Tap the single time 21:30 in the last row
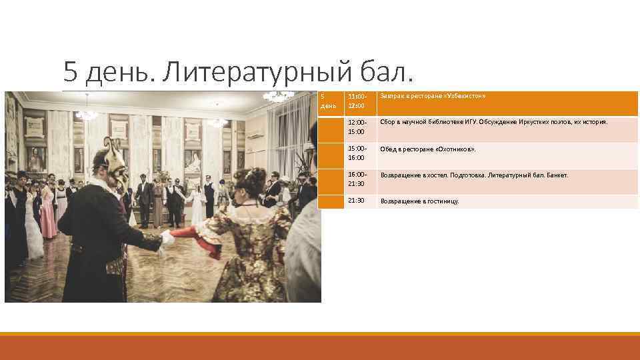(356, 201)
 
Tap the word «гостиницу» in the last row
(441, 201)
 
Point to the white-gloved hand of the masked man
(167, 237)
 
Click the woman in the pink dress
(48, 213)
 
